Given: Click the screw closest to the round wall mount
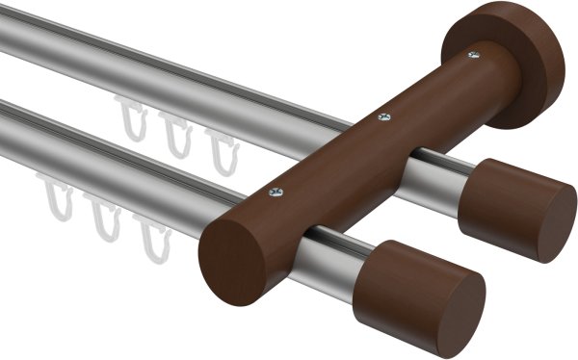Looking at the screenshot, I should pos(473,56).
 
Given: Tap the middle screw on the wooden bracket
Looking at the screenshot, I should pos(384,118).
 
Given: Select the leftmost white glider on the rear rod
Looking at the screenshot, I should pos(131,118).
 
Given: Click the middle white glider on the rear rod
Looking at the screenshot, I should pos(175,135).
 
